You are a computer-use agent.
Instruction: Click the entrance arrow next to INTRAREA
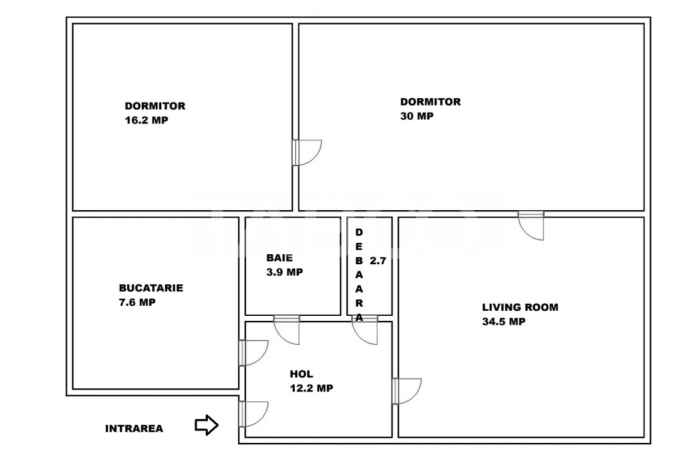(x=207, y=425)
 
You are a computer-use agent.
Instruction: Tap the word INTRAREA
(x=134, y=428)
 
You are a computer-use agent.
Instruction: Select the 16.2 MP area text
(x=146, y=120)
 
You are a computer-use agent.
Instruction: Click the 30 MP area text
(x=417, y=116)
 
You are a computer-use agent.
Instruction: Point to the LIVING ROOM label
(x=520, y=307)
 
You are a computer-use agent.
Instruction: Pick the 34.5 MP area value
(x=504, y=322)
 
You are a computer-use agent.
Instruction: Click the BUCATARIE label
(x=150, y=288)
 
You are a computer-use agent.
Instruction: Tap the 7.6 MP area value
(x=137, y=302)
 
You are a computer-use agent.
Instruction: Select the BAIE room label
(x=279, y=257)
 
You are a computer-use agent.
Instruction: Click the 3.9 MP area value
(x=285, y=272)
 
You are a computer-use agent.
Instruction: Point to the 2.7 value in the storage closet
(x=378, y=260)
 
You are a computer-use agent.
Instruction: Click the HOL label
(x=301, y=374)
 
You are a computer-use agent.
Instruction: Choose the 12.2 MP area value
(x=311, y=388)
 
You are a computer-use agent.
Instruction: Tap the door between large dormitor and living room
(x=531, y=226)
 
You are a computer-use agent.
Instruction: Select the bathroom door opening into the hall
(x=286, y=330)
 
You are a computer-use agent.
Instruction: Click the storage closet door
(x=365, y=330)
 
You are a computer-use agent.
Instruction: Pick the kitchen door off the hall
(x=253, y=353)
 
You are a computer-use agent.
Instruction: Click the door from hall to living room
(x=407, y=391)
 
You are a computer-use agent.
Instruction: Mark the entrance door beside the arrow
(x=253, y=415)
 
